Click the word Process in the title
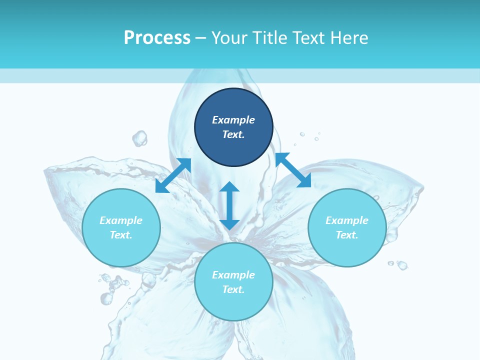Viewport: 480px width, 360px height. click(x=157, y=38)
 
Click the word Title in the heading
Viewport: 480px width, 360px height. click(x=270, y=38)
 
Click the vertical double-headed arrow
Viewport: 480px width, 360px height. click(x=229, y=205)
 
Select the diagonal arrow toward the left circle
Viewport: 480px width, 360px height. click(x=173, y=175)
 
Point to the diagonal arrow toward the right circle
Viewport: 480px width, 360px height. click(x=293, y=170)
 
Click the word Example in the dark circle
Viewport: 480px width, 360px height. click(x=233, y=120)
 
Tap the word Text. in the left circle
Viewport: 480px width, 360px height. click(x=121, y=235)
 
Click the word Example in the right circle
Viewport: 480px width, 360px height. click(x=347, y=220)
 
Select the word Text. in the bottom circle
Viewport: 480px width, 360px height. click(x=233, y=289)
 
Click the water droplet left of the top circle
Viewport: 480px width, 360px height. click(x=140, y=138)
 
